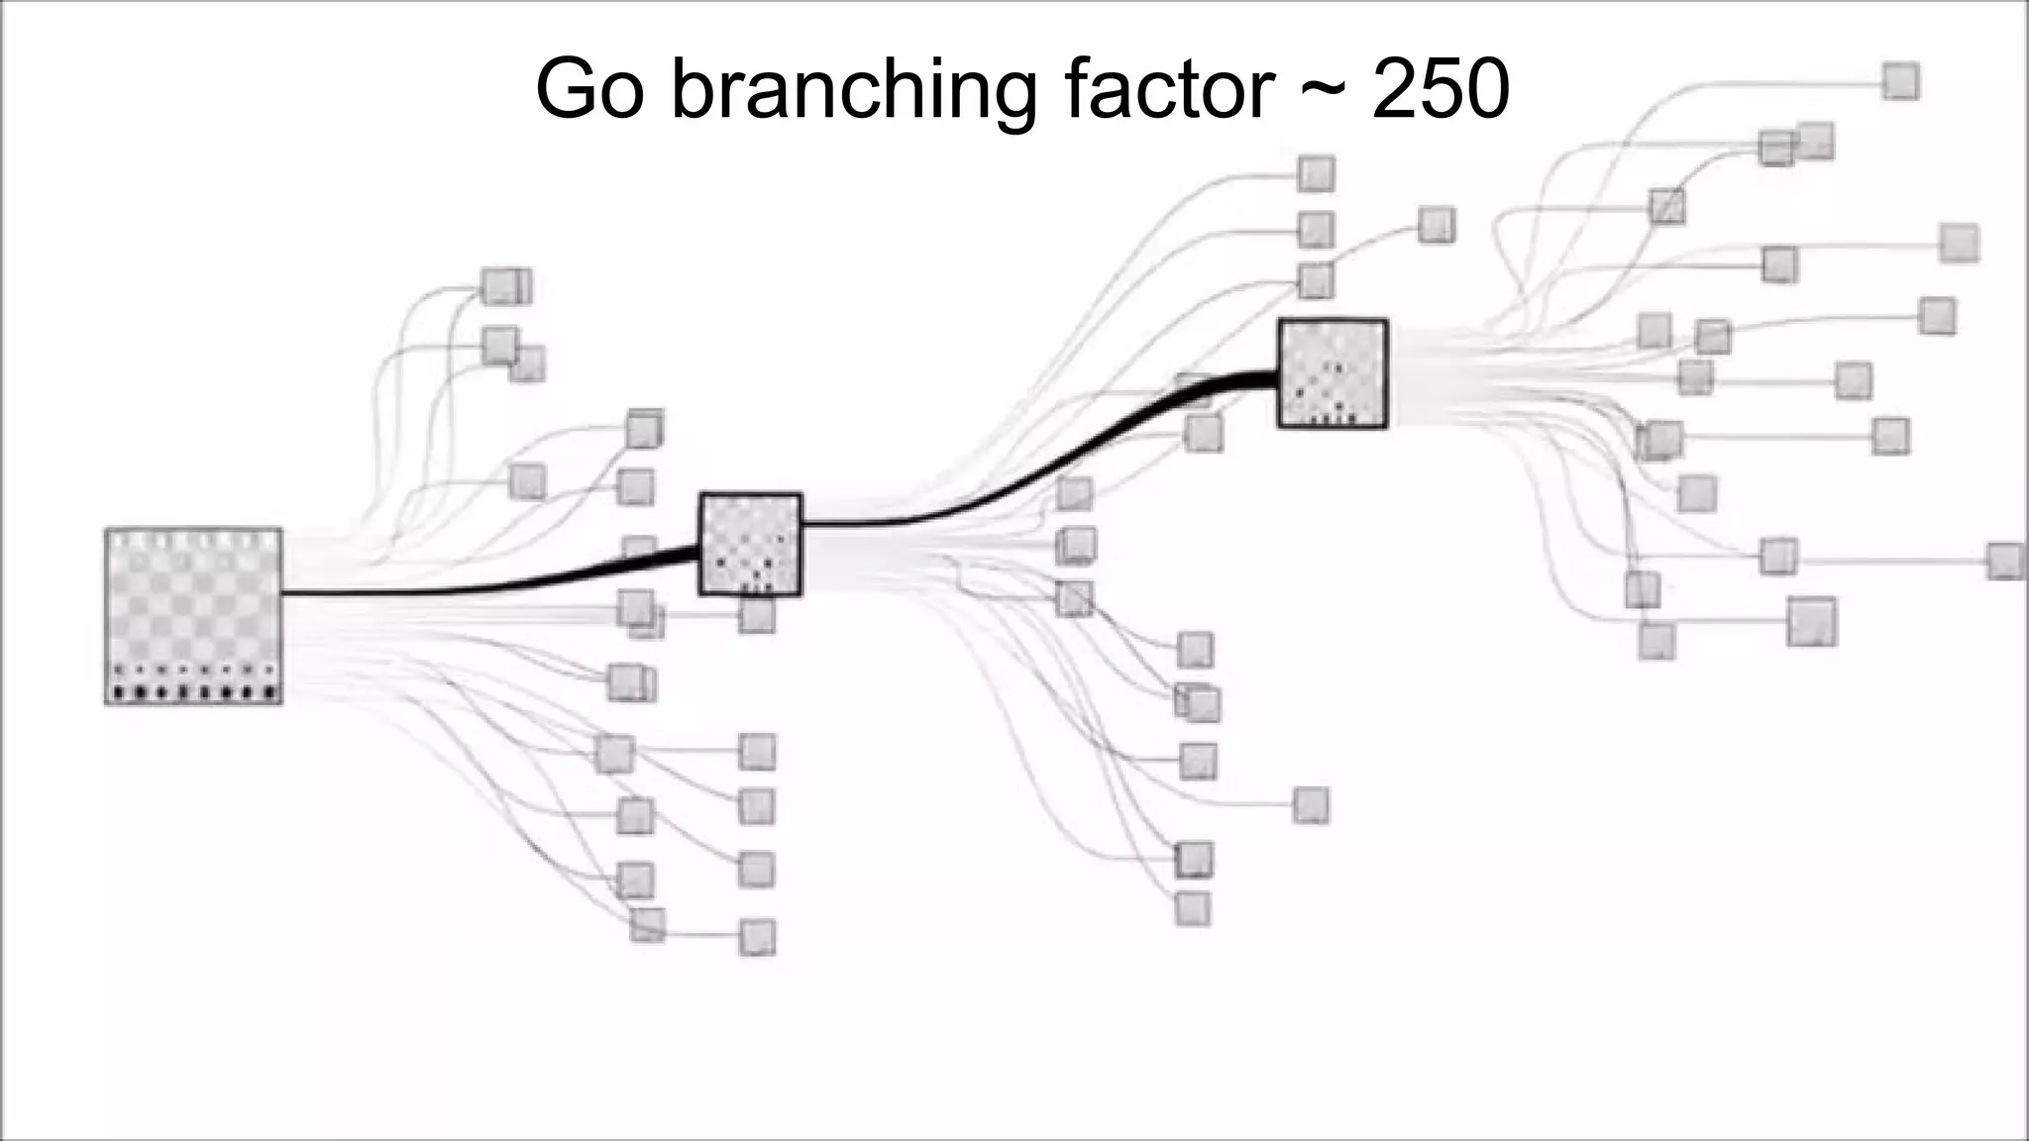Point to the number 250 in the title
(1441, 89)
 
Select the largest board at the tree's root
(193, 616)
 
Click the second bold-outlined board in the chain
(750, 544)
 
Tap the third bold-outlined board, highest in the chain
(1333, 373)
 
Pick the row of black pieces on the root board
(193, 691)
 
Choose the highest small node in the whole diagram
(1900, 81)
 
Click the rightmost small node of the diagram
(2006, 561)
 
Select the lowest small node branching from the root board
(757, 937)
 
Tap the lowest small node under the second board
(1192, 908)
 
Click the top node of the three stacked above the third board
(1316, 174)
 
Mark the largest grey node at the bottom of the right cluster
(1812, 621)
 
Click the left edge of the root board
(106, 616)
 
